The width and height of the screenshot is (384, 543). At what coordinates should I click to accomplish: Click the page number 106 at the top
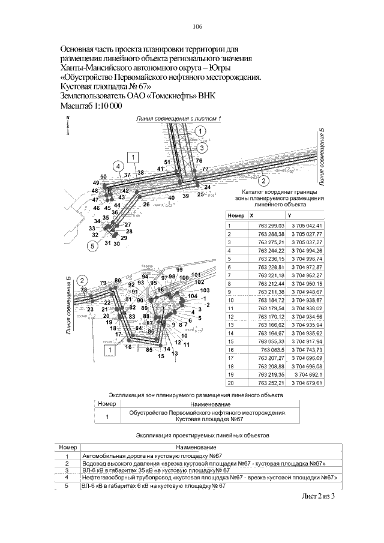pyautogui.click(x=197, y=27)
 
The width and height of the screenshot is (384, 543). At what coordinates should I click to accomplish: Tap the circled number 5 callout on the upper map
pyautogui.click(x=93, y=245)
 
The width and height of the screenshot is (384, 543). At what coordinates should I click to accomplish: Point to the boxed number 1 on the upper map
pyautogui.click(x=133, y=157)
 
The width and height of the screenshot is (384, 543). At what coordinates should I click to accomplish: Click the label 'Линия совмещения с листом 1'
pyautogui.click(x=179, y=118)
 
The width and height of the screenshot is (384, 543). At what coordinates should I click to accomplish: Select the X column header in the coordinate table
pyautogui.click(x=251, y=215)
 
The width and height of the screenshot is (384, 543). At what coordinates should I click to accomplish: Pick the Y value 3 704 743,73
pyautogui.click(x=306, y=349)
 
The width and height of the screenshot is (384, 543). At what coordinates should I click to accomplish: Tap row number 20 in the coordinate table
pyautogui.click(x=229, y=383)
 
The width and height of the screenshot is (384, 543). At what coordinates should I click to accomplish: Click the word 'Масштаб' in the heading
pyautogui.click(x=79, y=106)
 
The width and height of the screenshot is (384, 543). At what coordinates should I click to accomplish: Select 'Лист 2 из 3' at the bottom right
pyautogui.click(x=317, y=496)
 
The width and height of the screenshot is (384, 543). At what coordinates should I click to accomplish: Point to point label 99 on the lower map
pyautogui.click(x=179, y=269)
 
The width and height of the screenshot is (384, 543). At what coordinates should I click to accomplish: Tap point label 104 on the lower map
pyautogui.click(x=192, y=296)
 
